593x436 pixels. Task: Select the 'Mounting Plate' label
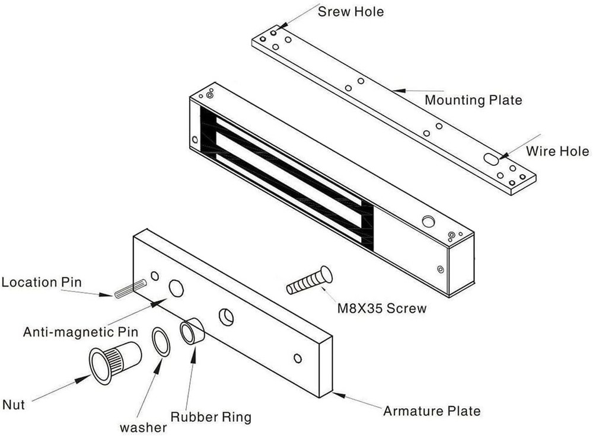473,100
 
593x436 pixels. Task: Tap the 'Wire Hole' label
557,151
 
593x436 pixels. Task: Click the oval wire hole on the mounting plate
492,159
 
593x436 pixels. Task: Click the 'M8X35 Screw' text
381,308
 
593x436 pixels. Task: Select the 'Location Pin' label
42,282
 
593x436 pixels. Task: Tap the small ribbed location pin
131,288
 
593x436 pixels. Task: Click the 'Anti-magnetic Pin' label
80,332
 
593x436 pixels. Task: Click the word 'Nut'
13,405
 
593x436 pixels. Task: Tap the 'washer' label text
143,427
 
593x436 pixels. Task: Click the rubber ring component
192,332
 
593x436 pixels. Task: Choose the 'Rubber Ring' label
211,416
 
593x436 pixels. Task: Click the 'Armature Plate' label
432,411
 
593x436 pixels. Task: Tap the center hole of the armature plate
226,317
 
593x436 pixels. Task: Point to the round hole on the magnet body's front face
428,222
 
